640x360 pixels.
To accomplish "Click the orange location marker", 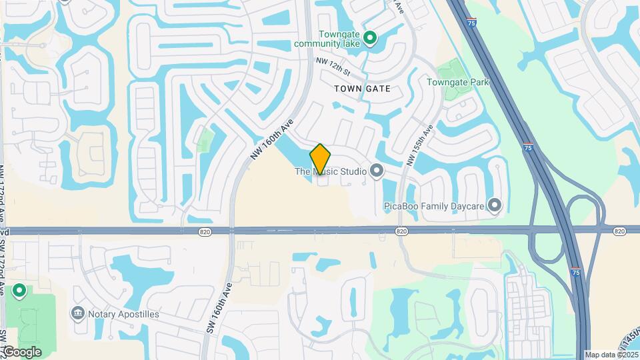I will (x=321, y=159).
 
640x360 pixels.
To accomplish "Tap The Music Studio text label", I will (x=331, y=172).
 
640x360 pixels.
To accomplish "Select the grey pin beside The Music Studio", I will (x=377, y=171).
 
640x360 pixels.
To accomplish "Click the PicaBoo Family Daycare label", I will (x=434, y=206).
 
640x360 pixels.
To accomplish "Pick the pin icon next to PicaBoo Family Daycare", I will (x=494, y=205).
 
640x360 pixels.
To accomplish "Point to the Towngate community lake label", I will (x=329, y=39).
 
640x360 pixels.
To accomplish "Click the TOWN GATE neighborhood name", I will (x=362, y=88).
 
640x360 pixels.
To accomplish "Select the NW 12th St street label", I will (x=333, y=66).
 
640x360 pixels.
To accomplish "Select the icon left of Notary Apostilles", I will (x=78, y=313).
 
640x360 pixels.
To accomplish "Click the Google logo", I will (x=22, y=351).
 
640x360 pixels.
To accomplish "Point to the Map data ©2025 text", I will (x=611, y=355).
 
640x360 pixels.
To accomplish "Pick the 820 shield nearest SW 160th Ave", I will (x=205, y=231).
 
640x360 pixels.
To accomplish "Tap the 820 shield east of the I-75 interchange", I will (x=619, y=231).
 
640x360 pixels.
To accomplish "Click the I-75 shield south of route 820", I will (x=575, y=272).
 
